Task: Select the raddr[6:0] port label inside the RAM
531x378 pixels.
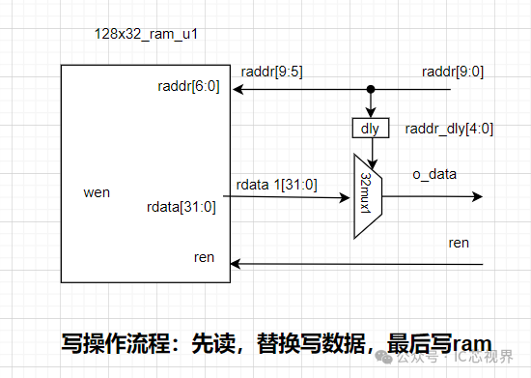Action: point(188,87)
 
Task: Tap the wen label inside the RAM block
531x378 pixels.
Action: point(98,192)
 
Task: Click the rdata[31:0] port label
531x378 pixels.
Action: point(182,205)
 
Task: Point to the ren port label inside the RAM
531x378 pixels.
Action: point(205,256)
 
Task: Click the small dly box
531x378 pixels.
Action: point(369,127)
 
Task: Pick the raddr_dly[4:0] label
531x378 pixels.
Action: point(449,128)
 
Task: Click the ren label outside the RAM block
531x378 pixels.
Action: point(459,242)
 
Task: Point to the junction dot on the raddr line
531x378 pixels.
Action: point(369,90)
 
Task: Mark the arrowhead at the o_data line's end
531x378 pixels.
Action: point(477,196)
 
